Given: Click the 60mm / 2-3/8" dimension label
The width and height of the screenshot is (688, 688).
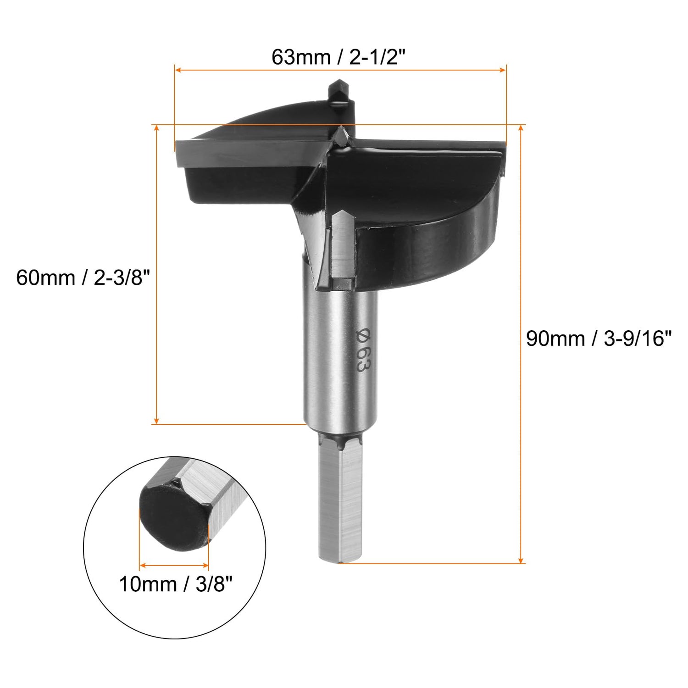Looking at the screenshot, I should [x=83, y=278].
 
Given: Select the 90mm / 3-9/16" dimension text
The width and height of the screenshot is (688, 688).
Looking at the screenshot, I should [x=598, y=339].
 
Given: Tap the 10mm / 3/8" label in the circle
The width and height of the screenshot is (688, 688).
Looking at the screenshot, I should [x=176, y=584].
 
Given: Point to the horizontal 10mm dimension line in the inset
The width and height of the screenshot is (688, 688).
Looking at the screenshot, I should [x=174, y=565].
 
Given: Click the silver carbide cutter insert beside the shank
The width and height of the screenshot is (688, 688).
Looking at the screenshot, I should [x=343, y=248].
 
